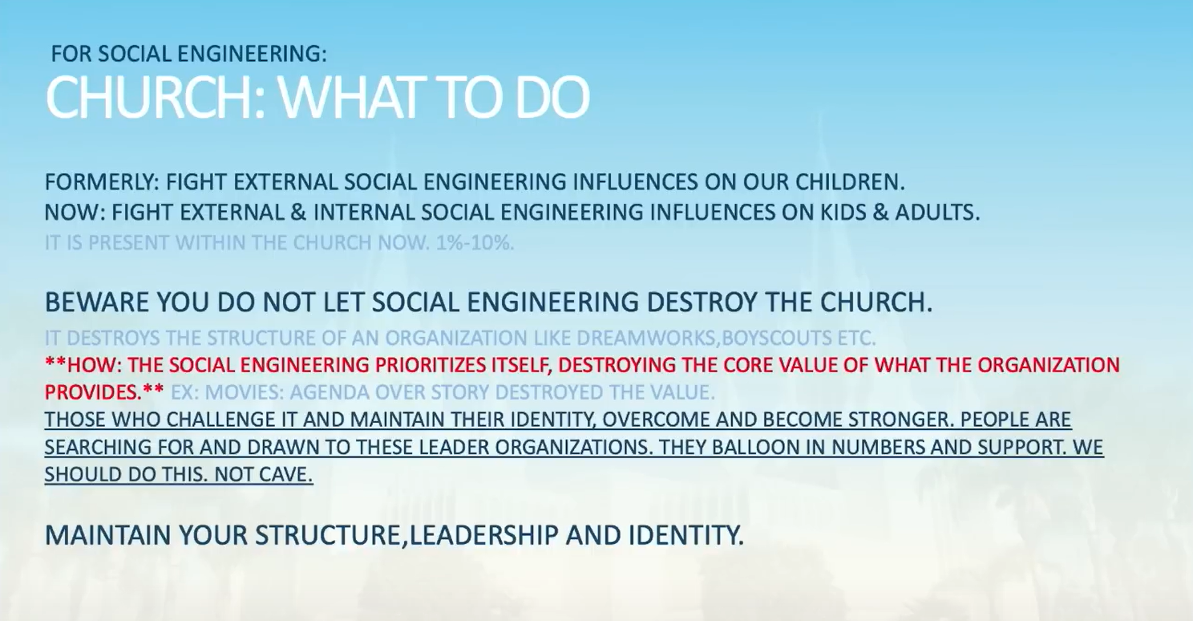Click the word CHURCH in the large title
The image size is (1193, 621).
149,98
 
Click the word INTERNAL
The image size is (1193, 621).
364,213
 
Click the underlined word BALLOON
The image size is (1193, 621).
754,447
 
